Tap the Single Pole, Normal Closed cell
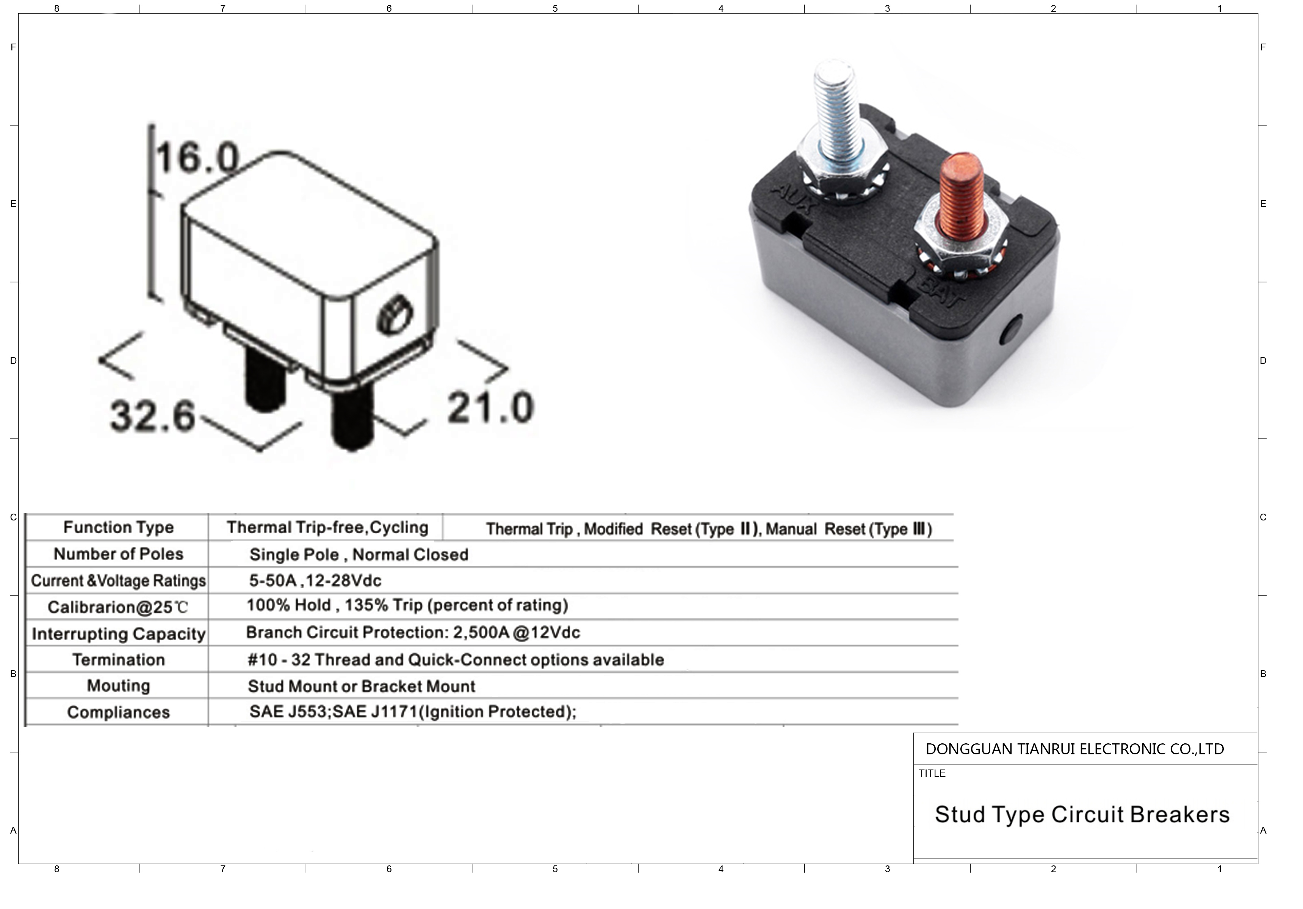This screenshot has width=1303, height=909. click(359, 554)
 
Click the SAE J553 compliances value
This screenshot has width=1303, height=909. click(413, 712)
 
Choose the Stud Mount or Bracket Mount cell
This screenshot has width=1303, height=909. click(362, 686)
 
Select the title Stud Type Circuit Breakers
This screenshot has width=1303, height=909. click(1082, 814)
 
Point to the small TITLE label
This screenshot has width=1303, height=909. click(932, 773)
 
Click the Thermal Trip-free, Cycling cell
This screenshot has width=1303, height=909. click(327, 527)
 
